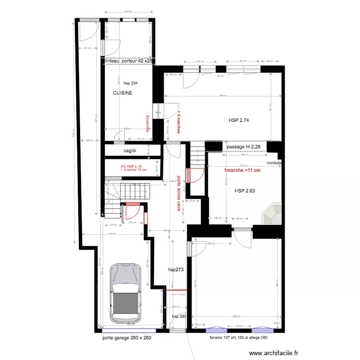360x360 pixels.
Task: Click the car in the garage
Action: pos(126,293)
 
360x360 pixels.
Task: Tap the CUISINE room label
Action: pos(122,93)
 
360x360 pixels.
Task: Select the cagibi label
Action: pos(130,151)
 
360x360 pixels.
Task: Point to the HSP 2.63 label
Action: pos(245,191)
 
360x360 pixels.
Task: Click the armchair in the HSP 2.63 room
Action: pos(272,213)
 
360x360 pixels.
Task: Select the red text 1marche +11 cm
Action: pos(242,170)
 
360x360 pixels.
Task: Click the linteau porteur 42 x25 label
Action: pos(129,61)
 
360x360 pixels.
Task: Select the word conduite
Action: pos(274,163)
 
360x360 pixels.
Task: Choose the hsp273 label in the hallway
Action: pos(176,270)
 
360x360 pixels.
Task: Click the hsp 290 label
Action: pos(179,316)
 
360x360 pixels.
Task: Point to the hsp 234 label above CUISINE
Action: pos(130,83)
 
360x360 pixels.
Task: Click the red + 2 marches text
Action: pos(179,122)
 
